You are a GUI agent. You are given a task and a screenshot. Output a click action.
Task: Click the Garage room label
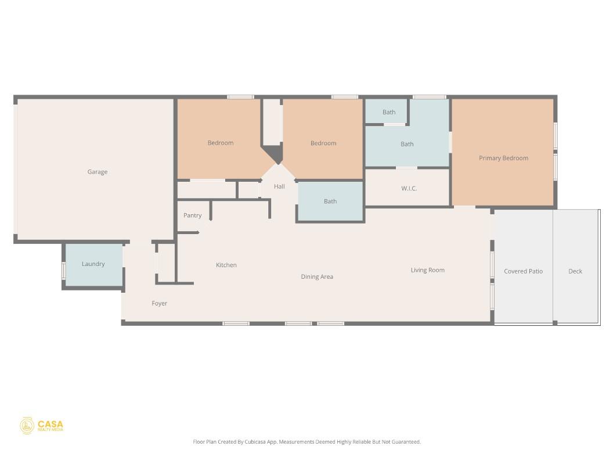(x=98, y=172)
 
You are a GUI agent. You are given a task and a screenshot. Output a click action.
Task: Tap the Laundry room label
(x=93, y=264)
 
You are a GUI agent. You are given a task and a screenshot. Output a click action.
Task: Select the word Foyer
(x=160, y=303)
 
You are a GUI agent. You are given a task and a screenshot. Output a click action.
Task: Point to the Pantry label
(x=193, y=215)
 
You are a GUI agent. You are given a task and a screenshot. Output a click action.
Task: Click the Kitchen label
(x=226, y=265)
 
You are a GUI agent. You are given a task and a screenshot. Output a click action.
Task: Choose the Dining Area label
(x=317, y=277)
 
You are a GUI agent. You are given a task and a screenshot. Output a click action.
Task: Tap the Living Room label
(x=428, y=270)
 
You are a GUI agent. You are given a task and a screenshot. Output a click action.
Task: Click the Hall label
(x=279, y=187)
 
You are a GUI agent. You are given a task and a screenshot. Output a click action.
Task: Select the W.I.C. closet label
(x=409, y=189)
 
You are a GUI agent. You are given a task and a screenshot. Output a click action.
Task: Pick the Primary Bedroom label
(x=503, y=158)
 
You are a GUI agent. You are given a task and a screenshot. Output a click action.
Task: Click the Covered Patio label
(x=523, y=271)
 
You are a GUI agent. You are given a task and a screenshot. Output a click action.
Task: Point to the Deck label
(x=575, y=271)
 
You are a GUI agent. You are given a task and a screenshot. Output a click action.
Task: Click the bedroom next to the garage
(x=221, y=143)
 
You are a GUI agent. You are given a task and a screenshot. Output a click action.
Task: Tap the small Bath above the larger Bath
(x=389, y=112)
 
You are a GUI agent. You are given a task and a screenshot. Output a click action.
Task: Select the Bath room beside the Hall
(x=330, y=202)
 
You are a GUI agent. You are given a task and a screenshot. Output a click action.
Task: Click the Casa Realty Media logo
(x=42, y=426)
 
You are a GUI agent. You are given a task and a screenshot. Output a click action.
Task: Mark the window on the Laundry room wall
(x=64, y=271)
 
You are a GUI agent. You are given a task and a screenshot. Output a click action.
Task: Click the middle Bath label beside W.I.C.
(x=407, y=144)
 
